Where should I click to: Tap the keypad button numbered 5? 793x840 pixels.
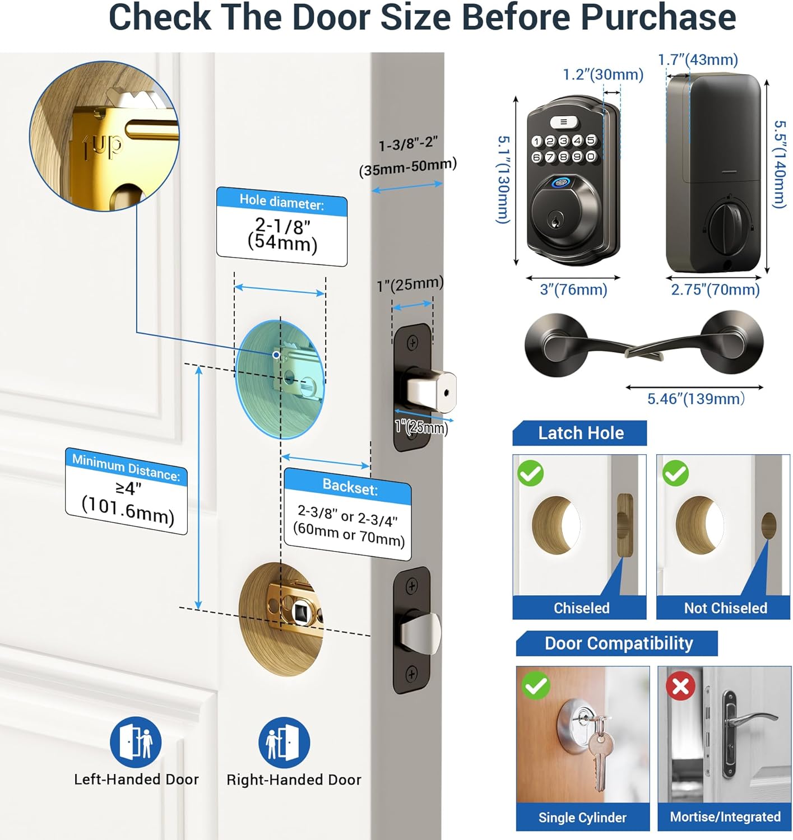(591, 140)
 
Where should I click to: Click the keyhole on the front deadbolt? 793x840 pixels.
(555, 221)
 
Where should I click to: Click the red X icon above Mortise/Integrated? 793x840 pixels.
(680, 686)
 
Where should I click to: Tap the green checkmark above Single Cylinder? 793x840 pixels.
(535, 685)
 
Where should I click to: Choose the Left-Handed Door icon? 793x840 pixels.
(136, 742)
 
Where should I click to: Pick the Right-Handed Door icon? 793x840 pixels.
(284, 742)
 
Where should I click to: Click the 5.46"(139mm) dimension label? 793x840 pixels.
(696, 399)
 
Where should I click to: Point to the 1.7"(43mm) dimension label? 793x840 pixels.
(698, 59)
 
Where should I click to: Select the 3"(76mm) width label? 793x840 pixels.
(573, 290)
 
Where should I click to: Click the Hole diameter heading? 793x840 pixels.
(281, 202)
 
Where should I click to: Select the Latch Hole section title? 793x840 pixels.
(581, 433)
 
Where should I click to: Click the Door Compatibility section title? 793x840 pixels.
(619, 643)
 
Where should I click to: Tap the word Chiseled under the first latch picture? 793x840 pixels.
(581, 608)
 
